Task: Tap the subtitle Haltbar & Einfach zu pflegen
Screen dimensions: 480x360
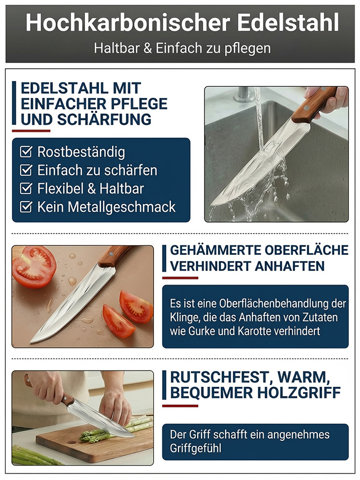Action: pyautogui.click(x=182, y=48)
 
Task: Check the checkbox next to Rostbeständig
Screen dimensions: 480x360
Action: pyautogui.click(x=26, y=152)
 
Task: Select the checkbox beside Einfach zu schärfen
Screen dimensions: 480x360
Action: pyautogui.click(x=26, y=170)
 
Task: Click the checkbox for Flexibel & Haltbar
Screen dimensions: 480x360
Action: pyautogui.click(x=26, y=188)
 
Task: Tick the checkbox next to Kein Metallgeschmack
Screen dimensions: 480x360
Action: pyautogui.click(x=26, y=207)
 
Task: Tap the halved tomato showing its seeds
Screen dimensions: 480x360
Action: pyautogui.click(x=34, y=266)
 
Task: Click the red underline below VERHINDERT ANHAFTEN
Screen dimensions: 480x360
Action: pyautogui.click(x=180, y=278)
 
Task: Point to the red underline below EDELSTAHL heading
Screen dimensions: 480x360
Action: pyautogui.click(x=31, y=131)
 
